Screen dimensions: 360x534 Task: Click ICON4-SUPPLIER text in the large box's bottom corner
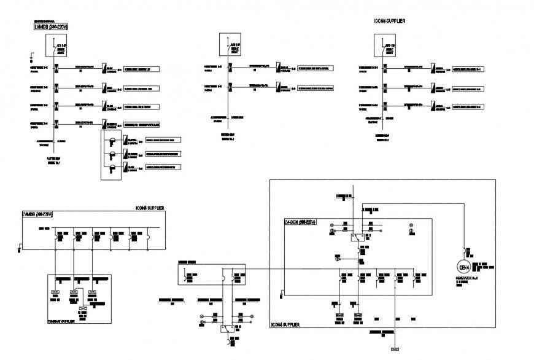[284, 323]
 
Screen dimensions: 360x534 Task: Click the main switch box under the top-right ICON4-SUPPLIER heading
[385, 46]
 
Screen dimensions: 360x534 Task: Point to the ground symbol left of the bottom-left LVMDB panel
[20, 248]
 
